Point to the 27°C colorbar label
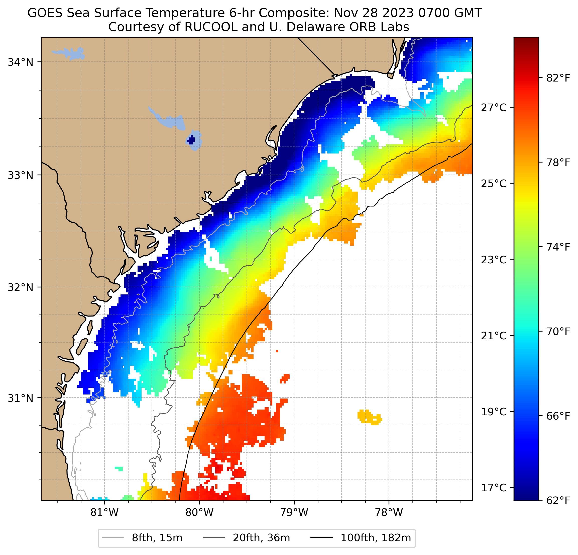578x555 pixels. click(x=494, y=107)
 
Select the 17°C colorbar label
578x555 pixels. click(x=494, y=487)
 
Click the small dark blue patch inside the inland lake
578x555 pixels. click(x=191, y=140)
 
